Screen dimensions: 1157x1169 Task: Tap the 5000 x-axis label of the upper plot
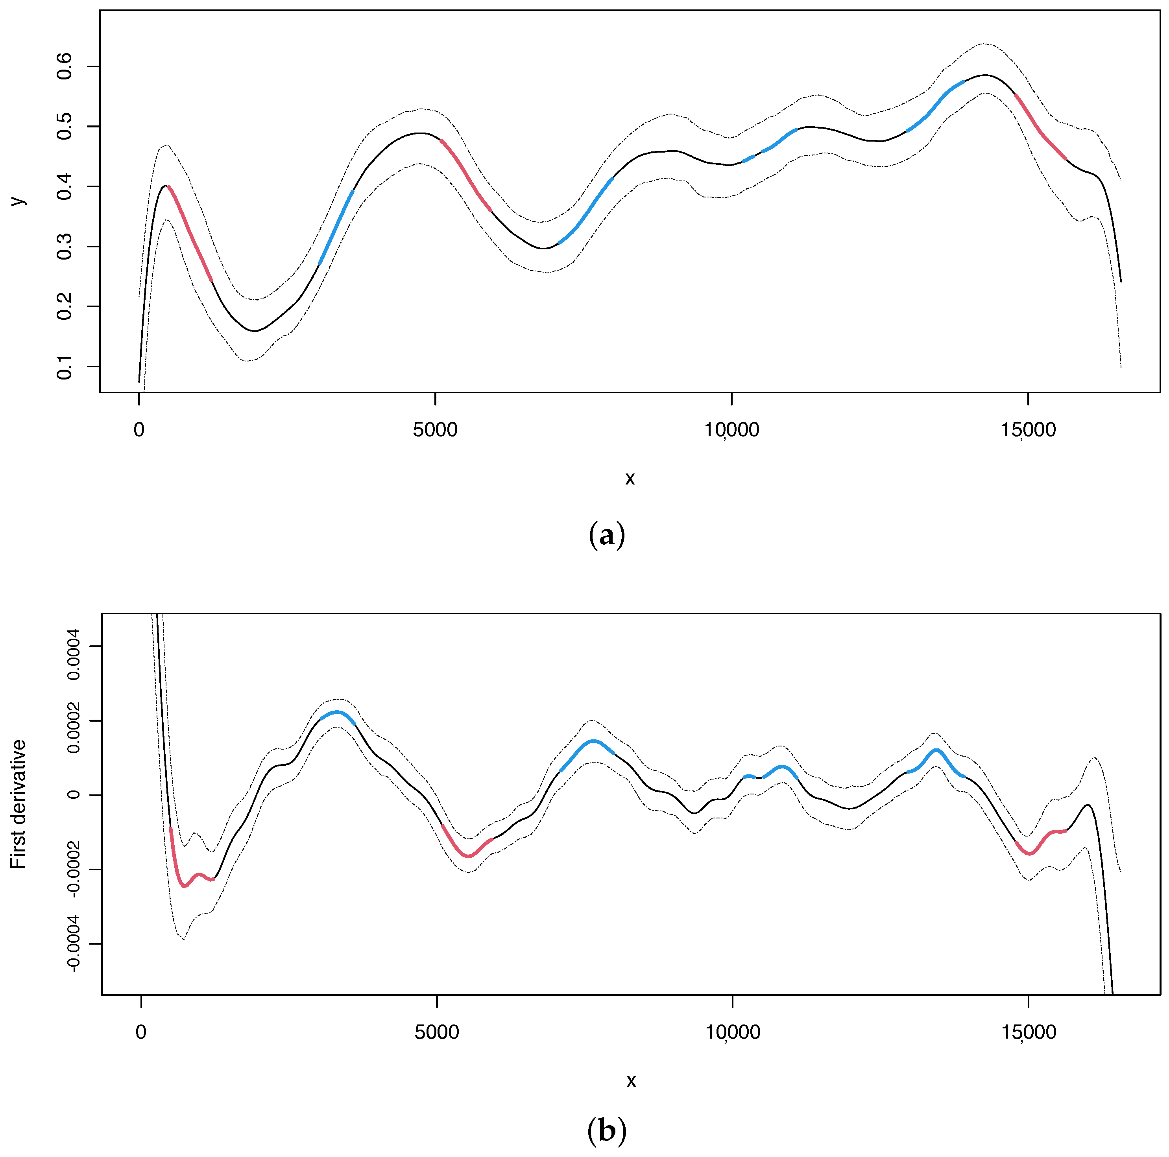435,430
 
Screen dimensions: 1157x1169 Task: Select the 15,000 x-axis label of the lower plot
1029,1032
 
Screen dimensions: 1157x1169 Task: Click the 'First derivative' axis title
18,804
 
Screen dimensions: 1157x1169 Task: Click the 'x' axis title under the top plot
630,478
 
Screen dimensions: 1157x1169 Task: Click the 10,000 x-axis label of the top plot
731,430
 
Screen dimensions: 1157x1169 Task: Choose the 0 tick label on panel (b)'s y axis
74,795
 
